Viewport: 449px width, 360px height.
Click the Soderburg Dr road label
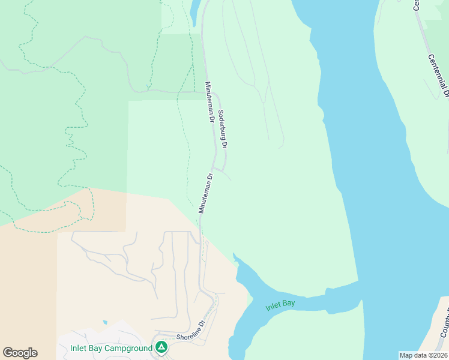pos(222,129)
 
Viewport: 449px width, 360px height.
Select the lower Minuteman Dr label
pos(206,193)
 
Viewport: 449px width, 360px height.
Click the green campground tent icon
pos(161,347)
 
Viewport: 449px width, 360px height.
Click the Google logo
pos(20,353)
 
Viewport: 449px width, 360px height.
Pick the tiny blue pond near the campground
pos(105,322)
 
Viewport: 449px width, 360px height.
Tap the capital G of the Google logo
pos(8,353)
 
